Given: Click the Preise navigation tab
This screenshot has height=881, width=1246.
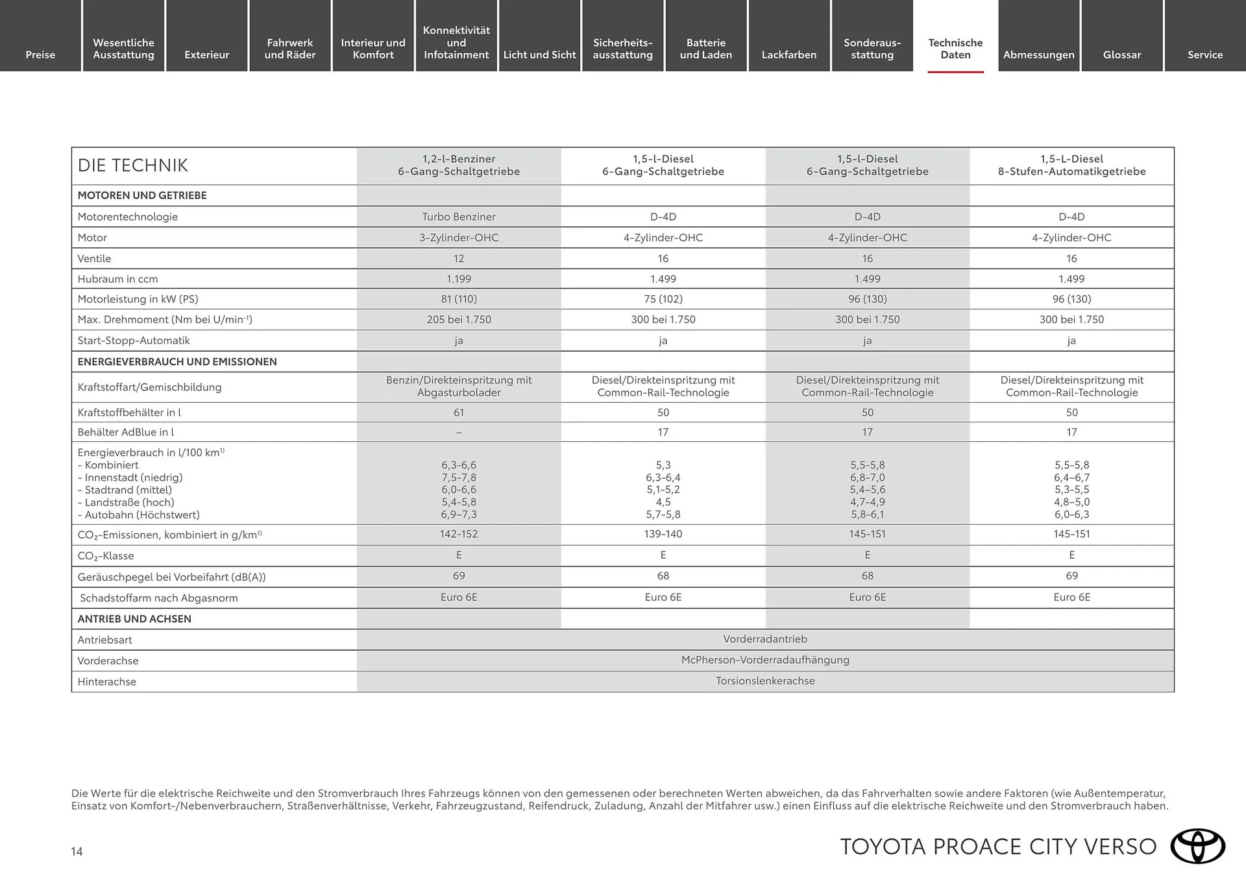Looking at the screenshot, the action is click(x=40, y=54).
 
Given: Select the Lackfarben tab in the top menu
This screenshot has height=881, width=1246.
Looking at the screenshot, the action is click(x=788, y=54).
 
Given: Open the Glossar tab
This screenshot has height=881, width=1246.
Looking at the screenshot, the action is click(x=1121, y=54).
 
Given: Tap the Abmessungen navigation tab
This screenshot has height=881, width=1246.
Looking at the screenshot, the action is click(x=1038, y=54).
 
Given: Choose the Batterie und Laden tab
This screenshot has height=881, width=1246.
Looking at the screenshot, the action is click(x=705, y=49).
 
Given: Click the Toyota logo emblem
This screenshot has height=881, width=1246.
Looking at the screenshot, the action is click(x=1197, y=846).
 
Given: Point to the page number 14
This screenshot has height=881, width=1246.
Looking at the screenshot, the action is click(x=77, y=851).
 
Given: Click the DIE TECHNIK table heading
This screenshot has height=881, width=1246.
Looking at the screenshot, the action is click(x=132, y=165).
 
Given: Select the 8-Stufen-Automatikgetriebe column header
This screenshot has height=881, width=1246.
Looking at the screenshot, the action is click(x=1071, y=165).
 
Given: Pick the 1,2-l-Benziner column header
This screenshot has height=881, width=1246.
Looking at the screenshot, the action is click(x=459, y=165).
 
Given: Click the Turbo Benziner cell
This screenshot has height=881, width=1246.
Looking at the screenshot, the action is click(x=459, y=217).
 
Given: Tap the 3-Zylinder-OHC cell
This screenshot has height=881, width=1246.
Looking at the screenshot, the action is click(x=459, y=237).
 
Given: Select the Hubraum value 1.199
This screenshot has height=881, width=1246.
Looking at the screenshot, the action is click(x=459, y=279).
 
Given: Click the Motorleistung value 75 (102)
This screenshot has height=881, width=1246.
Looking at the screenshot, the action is click(x=663, y=299).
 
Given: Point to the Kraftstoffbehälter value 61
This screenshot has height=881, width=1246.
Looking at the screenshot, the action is click(x=459, y=413).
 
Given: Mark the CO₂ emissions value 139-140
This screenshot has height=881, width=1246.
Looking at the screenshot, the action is click(x=663, y=534).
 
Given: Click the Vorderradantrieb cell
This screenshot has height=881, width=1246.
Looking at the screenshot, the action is click(x=765, y=639).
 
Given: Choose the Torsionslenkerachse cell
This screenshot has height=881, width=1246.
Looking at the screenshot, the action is click(x=765, y=681).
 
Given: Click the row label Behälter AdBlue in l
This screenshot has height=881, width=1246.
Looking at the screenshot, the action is click(x=125, y=432).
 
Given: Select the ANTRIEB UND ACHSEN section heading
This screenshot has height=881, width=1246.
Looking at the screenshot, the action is click(x=134, y=619).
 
